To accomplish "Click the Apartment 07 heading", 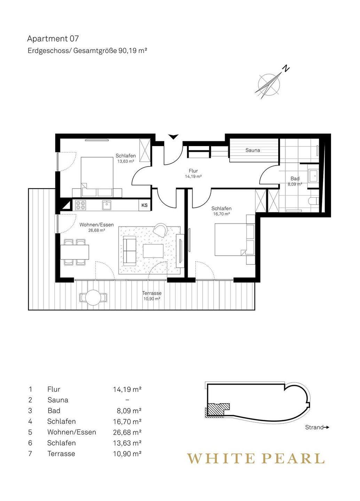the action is click(53, 39).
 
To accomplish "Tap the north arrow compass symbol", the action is click(271, 83).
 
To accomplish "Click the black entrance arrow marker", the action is click(173, 137).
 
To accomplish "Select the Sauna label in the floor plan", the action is click(252, 150).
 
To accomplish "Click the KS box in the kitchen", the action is click(144, 205).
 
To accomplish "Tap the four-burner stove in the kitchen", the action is click(81, 205).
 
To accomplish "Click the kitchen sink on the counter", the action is click(107, 205).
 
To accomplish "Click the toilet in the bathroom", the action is click(313, 201).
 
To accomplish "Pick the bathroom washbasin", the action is click(314, 176).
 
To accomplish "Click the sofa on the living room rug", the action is click(130, 250).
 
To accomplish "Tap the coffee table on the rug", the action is click(153, 250).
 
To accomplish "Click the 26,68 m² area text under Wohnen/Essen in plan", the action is click(97, 230).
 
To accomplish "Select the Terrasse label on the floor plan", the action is click(152, 293).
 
